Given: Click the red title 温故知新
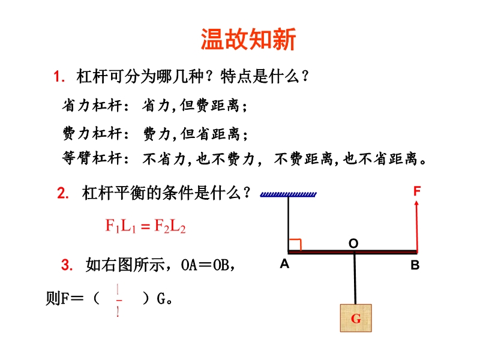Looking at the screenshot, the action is tap(248, 39).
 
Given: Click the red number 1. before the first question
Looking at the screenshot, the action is tap(59, 76).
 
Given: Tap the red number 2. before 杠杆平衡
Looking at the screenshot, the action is tap(63, 193).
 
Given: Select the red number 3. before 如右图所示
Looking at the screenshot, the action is tap(67, 265).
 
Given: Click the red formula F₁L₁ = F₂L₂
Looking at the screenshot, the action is tap(145, 226).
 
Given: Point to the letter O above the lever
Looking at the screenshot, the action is tap(353, 244).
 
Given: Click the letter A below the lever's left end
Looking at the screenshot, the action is tap(284, 263).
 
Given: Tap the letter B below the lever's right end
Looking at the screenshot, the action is tap(415, 265).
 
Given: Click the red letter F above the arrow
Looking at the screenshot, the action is tap(417, 191).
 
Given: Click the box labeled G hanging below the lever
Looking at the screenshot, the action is tap(356, 318).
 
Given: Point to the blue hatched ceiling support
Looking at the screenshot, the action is tap(288, 194).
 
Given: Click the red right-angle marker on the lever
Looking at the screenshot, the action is tap(295, 244).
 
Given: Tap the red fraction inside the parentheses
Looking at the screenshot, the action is tap(118, 301).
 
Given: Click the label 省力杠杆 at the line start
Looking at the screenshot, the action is tap(92, 106).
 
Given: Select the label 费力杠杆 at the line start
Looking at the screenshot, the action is tap(92, 134).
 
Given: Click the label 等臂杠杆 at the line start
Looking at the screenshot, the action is tap(92, 158).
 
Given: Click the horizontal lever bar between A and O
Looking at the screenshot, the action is tap(321, 252).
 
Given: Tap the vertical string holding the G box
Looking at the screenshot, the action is tap(355, 278).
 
